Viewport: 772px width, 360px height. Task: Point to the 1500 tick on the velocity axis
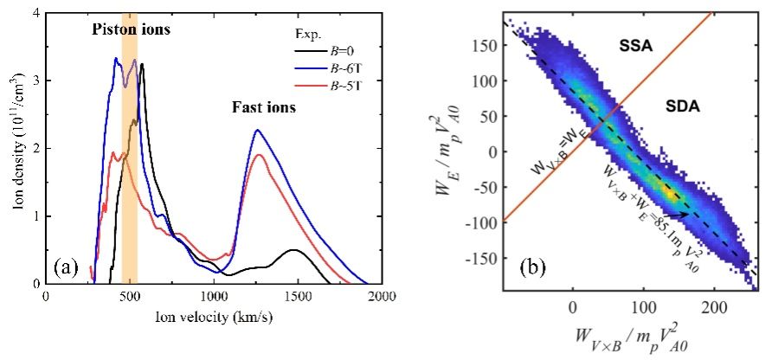tap(298, 295)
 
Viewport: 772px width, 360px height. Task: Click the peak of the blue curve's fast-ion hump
tap(257, 130)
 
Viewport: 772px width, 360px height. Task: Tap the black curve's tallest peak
tap(142, 64)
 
